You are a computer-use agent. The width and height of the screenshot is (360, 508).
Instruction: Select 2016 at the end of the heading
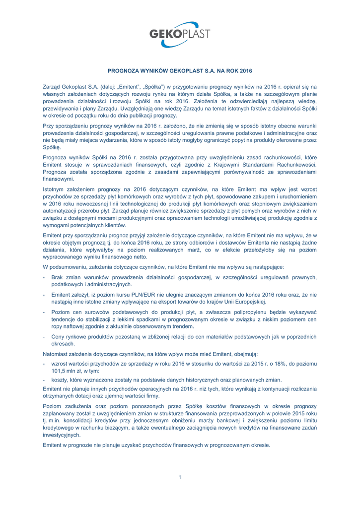pyautogui.click(x=245, y=71)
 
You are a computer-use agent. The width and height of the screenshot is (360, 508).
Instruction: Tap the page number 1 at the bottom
pyautogui.click(x=180, y=477)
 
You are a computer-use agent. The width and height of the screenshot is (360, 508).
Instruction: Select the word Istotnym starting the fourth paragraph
pyautogui.click(x=54, y=189)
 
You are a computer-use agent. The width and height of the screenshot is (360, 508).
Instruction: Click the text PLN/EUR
pyautogui.click(x=127, y=294)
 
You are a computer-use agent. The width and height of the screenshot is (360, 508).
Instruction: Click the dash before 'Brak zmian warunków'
pyautogui.click(x=45, y=278)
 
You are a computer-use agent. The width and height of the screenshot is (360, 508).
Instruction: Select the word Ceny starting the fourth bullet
pyautogui.click(x=59, y=337)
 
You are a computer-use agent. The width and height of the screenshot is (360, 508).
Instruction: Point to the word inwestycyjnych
pyautogui.click(x=61, y=435)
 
